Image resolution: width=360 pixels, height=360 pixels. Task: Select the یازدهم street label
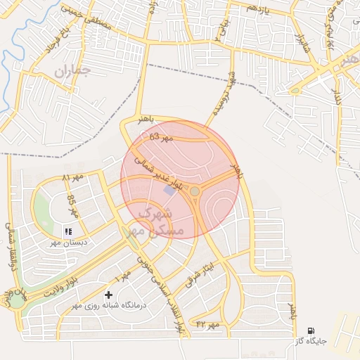click(257, 8)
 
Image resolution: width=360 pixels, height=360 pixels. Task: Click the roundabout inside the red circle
click(195, 191)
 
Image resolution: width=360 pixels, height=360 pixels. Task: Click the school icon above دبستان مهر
click(68, 231)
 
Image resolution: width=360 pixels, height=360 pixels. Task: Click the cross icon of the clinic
click(108, 295)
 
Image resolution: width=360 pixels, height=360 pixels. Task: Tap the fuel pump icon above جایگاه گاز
click(311, 330)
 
